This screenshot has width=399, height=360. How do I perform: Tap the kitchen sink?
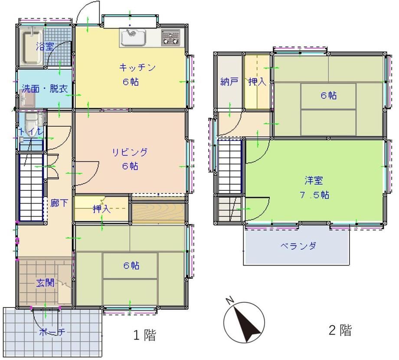click(133, 38)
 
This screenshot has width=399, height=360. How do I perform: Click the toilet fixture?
click(32, 124)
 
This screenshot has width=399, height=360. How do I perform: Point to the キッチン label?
click(137, 67)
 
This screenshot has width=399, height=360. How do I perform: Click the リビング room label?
click(130, 152)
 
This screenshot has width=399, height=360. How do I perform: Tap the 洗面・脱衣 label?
click(45, 88)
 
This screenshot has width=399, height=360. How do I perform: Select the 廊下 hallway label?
click(59, 203)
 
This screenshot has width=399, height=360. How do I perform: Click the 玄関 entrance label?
click(45, 283)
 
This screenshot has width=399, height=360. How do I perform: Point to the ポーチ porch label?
click(52, 332)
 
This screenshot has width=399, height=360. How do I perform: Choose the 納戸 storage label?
click(229, 82)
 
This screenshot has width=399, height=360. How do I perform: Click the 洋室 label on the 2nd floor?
click(314, 180)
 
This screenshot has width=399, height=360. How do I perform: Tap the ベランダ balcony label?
click(298, 246)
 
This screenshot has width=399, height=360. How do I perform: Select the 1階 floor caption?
click(144, 335)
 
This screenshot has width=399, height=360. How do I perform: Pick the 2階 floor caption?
click(340, 330)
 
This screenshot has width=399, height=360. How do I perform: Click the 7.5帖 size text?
click(314, 195)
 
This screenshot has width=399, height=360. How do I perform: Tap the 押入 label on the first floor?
click(102, 209)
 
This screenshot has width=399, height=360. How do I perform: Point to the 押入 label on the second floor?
click(257, 82)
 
